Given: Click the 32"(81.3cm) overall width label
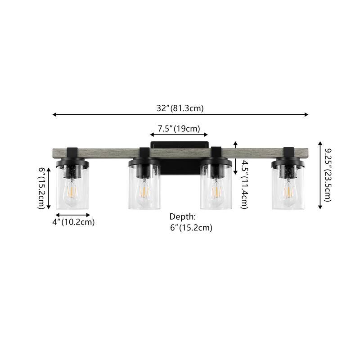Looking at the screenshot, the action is [180, 108].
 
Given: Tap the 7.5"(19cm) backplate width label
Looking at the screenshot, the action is [179, 129].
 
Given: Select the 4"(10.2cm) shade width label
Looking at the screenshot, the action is [73, 222].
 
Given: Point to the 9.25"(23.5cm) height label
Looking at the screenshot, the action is [328, 175].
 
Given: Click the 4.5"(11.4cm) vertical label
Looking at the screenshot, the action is [244, 185].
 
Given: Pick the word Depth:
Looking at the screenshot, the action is [183, 216].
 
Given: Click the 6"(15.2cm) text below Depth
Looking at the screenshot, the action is [191, 228].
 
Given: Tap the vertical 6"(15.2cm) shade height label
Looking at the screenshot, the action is [41, 188].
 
